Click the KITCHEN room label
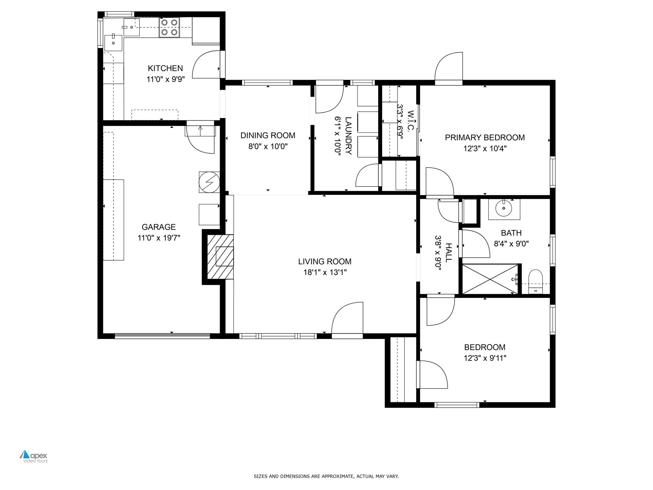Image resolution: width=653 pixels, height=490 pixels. click(x=165, y=68)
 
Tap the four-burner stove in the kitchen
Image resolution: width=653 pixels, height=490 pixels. click(x=169, y=27)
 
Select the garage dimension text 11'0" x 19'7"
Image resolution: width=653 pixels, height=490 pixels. click(x=159, y=238)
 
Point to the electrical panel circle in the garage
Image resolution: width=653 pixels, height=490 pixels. click(x=209, y=182)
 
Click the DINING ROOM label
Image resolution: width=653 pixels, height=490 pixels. click(x=268, y=136)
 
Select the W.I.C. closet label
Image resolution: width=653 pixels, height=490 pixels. click(x=411, y=121)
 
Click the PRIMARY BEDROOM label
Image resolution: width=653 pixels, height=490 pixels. click(x=485, y=137)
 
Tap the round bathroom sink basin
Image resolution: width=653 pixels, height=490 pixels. click(x=504, y=209)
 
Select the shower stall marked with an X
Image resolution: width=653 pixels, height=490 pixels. click(x=490, y=278)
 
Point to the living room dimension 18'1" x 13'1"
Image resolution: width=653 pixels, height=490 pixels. click(x=325, y=272)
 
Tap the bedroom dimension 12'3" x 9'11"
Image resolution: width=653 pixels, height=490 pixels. click(x=485, y=358)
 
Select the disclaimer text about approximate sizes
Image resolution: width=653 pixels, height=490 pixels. click(x=326, y=476)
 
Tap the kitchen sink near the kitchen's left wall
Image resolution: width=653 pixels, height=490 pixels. click(x=113, y=43)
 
